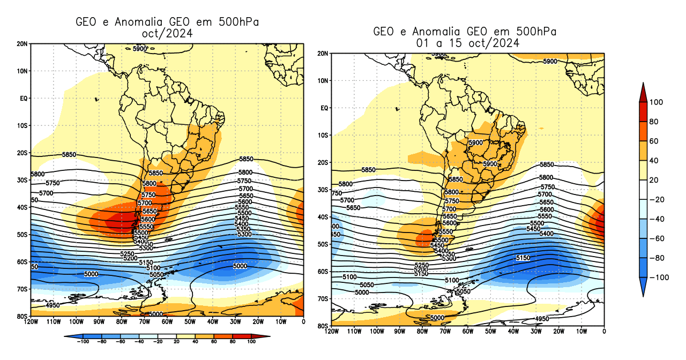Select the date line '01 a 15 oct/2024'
465,43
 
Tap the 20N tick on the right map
323,54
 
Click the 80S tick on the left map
23,316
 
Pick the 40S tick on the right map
323,217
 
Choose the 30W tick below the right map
536,331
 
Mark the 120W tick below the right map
332,331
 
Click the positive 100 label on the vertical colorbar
657,102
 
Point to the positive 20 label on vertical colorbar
654,180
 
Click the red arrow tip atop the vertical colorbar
643,87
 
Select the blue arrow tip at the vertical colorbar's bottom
643,292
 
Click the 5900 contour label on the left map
139,49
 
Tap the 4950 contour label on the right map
542,319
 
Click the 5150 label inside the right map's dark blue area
523,258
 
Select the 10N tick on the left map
23,71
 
